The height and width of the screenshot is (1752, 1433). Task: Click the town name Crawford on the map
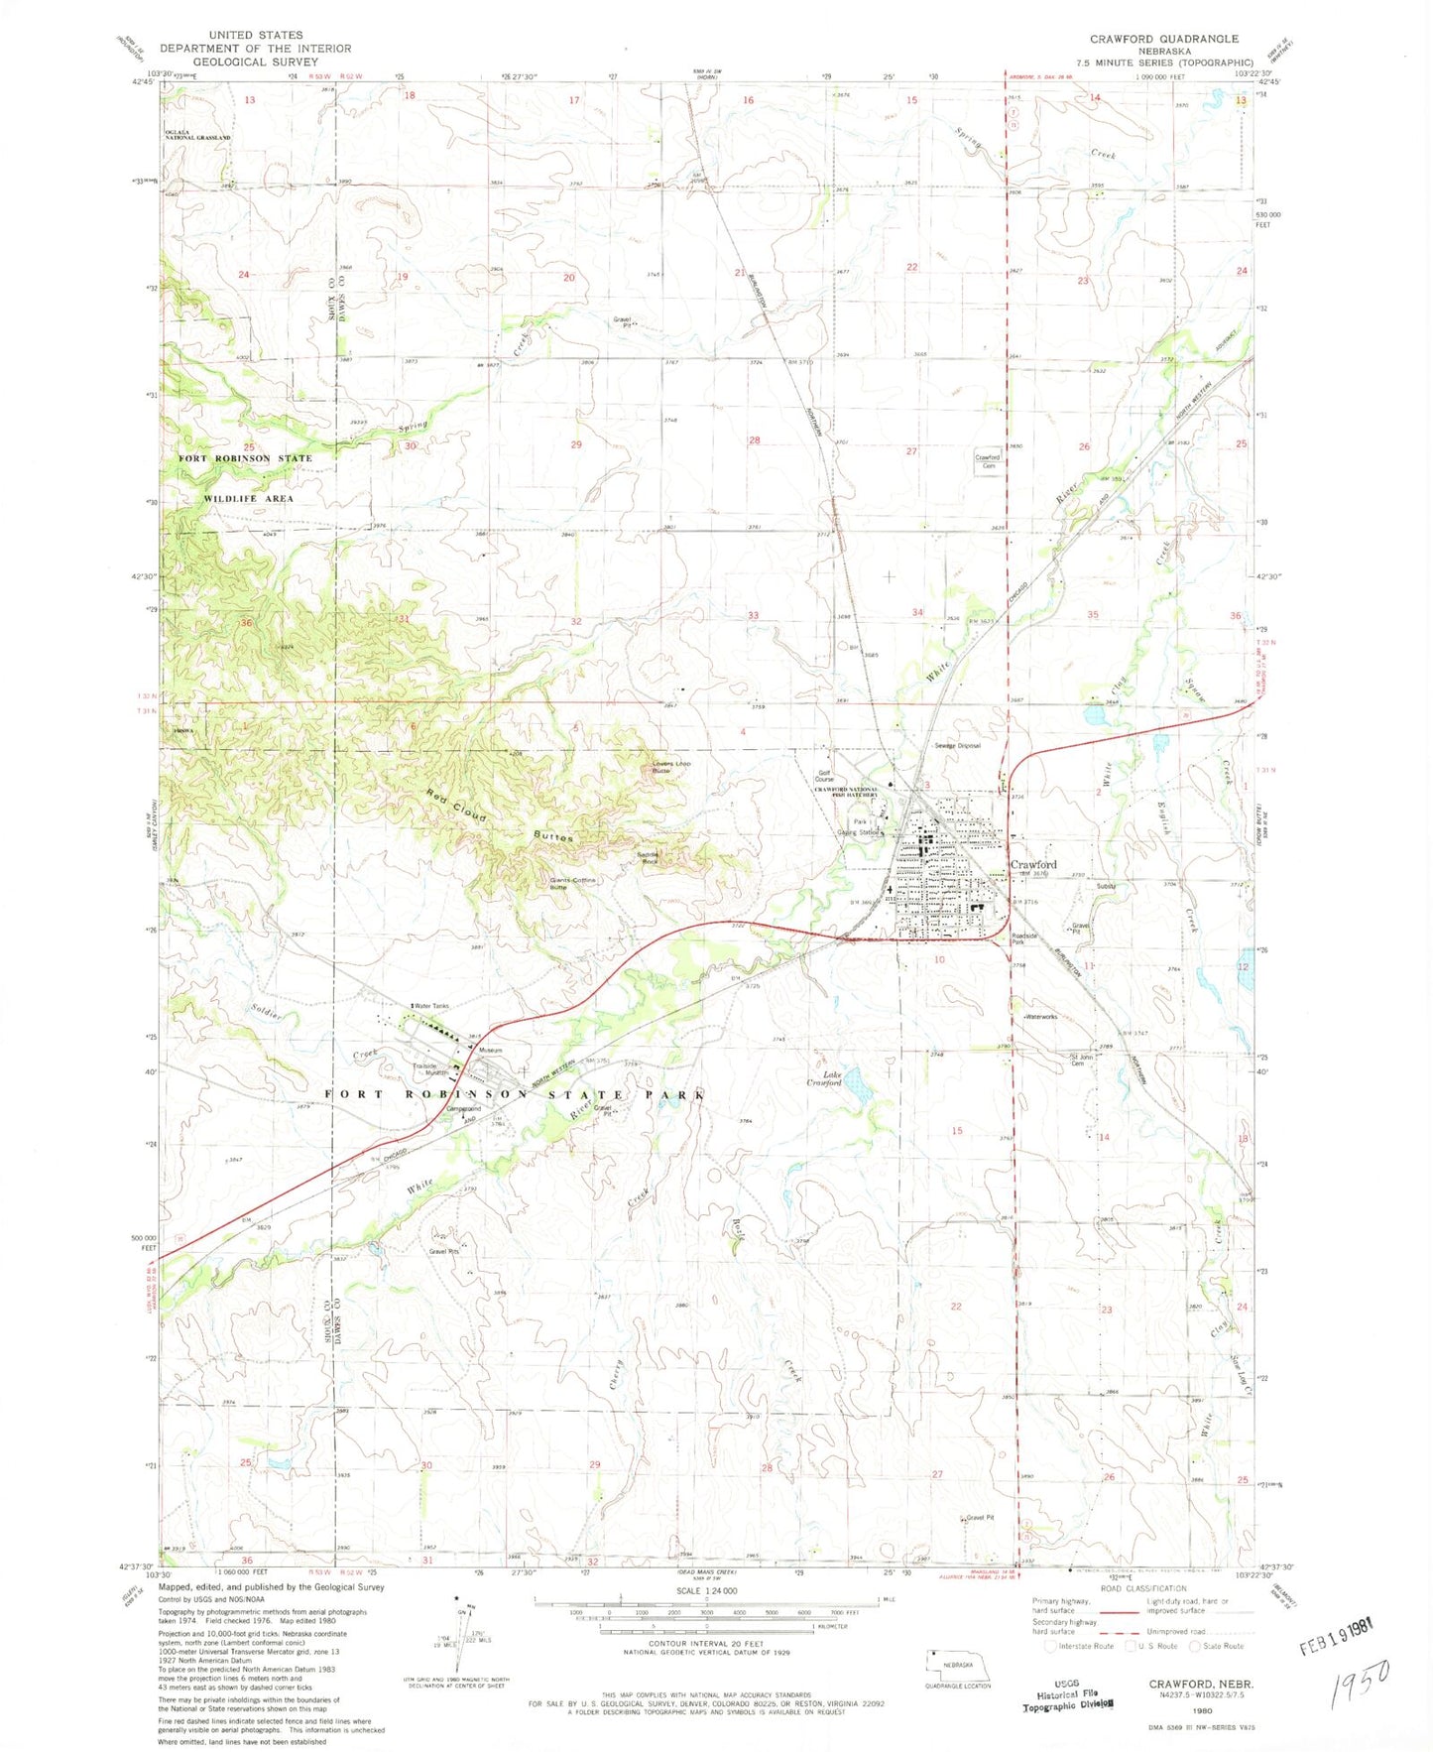tap(1032, 864)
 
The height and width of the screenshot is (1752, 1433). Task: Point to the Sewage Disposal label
tap(956, 745)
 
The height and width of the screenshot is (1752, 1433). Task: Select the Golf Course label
tap(824, 776)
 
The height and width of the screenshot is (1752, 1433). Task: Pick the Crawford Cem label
tap(987, 461)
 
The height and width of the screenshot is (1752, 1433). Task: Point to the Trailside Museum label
tap(430, 1069)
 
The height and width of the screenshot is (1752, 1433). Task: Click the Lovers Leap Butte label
tap(670, 766)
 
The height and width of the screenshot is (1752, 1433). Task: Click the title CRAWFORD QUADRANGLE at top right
tap(1163, 39)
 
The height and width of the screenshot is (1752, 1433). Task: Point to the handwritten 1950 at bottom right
tap(1361, 1676)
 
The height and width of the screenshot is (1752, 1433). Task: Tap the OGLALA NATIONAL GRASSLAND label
tap(197, 134)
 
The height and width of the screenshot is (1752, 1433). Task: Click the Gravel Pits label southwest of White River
tap(443, 1251)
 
